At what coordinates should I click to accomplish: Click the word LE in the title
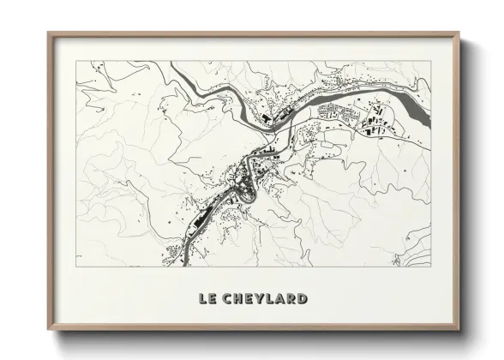tap(207, 299)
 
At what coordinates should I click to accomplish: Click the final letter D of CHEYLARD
tap(303, 299)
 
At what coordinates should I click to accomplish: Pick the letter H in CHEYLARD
tap(239, 299)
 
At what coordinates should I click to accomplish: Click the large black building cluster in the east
tap(375, 124)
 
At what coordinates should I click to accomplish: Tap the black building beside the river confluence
tap(267, 117)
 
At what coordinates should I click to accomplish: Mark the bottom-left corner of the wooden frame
tap(49, 329)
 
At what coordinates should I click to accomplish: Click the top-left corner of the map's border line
tap(76, 61)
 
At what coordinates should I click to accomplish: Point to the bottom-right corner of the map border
tap(430, 267)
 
